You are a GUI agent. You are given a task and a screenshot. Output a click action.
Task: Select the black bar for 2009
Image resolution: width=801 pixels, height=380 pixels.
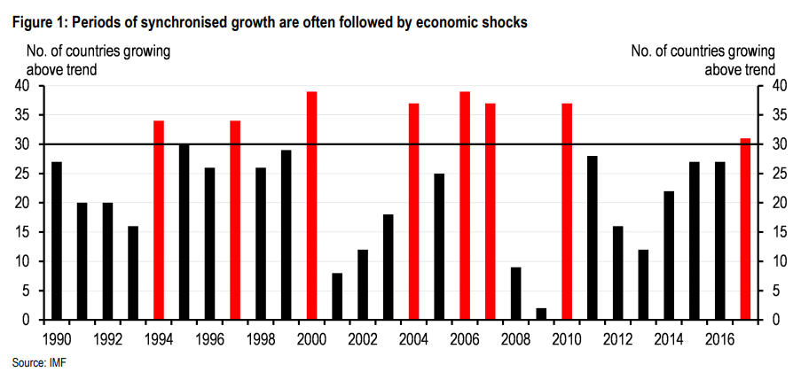[x=541, y=314]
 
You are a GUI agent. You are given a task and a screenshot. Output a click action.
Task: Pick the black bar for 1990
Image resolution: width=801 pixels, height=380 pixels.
[x=57, y=240]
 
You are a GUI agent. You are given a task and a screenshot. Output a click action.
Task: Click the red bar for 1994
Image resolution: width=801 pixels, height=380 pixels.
[x=159, y=220]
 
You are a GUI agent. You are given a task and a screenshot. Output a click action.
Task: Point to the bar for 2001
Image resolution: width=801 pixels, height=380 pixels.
[x=337, y=296]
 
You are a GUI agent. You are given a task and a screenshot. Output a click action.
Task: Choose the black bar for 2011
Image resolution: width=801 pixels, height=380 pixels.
[x=593, y=237]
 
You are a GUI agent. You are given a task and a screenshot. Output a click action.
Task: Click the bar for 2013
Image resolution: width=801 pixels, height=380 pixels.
[x=643, y=284]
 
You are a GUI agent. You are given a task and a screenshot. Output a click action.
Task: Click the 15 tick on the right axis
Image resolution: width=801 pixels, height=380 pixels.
[x=778, y=232]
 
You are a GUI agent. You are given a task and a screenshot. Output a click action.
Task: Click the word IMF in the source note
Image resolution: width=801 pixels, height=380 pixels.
[x=57, y=362]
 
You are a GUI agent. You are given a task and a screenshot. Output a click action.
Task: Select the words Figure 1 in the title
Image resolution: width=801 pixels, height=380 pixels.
[x=39, y=22]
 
